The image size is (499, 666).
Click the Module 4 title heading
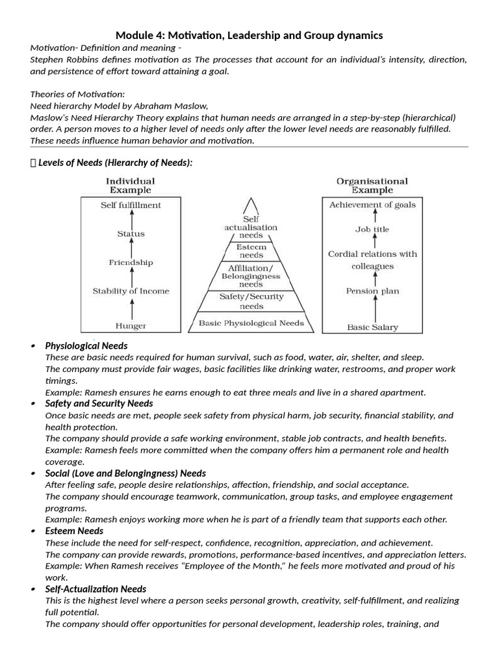249,34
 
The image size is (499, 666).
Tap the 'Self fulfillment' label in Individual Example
131,205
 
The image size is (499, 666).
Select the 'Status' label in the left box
131,233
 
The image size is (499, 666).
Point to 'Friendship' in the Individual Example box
131,263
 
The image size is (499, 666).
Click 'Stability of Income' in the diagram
131,291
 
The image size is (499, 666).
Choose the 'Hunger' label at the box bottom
131,325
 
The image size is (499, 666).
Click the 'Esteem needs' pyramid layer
251,251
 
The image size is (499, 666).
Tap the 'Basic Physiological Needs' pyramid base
251,323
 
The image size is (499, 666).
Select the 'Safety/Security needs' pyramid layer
251,301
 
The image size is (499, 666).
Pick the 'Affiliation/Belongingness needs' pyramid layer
251,276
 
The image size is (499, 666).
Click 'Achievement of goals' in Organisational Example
372,205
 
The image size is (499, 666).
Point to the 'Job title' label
372,229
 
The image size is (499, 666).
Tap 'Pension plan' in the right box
372,291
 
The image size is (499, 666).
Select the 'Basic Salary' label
372,327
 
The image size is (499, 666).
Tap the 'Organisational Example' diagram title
372,185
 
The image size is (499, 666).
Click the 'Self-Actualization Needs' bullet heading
96,589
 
